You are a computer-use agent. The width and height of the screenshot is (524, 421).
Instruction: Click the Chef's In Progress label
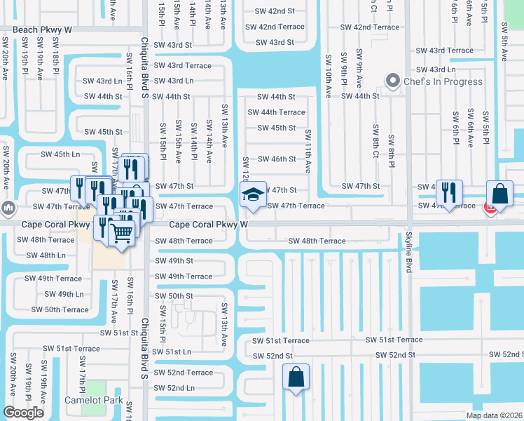(x=443, y=81)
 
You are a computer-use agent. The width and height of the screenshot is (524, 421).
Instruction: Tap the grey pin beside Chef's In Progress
(x=393, y=81)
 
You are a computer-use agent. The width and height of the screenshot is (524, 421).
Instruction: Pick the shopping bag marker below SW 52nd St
(x=296, y=377)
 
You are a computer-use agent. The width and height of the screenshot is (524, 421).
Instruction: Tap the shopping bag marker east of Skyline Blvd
(x=500, y=194)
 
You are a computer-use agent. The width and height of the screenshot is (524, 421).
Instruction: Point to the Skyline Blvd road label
(x=408, y=255)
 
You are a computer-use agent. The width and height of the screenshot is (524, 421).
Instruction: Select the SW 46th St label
(x=276, y=159)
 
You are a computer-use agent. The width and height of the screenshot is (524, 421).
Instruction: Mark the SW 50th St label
(x=174, y=296)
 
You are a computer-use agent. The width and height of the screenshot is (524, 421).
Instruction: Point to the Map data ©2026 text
(x=493, y=415)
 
